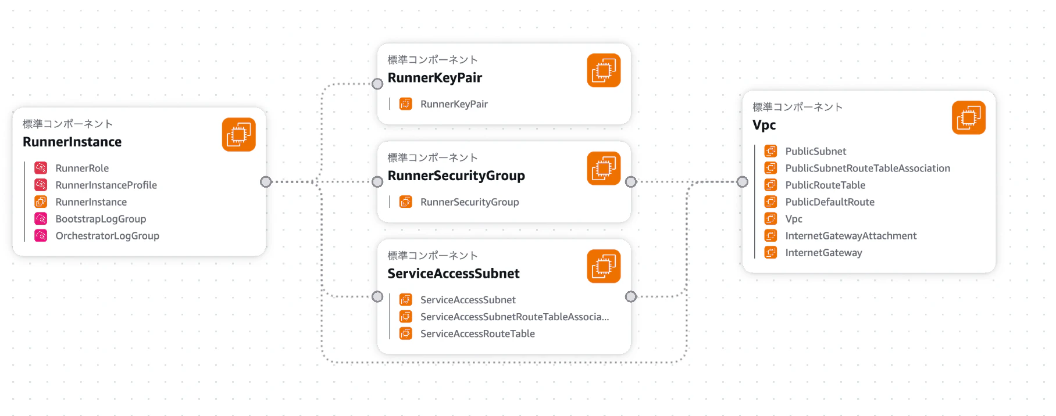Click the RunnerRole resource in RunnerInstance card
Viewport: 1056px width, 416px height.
[82, 168]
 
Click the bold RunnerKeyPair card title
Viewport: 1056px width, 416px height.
[435, 78]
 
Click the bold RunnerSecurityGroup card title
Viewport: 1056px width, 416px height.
[456, 175]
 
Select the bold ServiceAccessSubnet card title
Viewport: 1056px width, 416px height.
[454, 274]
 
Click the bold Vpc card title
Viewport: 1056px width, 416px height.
[764, 125]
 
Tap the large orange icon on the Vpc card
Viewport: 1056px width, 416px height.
[969, 117]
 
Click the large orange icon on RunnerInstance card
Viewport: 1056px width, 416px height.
[239, 134]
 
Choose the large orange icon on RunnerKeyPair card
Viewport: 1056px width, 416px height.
[604, 70]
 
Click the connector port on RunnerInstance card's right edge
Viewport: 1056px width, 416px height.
[266, 182]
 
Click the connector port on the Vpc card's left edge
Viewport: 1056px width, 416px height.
[742, 182]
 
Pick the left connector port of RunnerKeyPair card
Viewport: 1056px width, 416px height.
[377, 84]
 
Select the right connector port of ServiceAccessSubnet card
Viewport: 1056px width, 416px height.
[631, 297]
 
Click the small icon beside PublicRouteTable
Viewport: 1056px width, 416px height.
[770, 185]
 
